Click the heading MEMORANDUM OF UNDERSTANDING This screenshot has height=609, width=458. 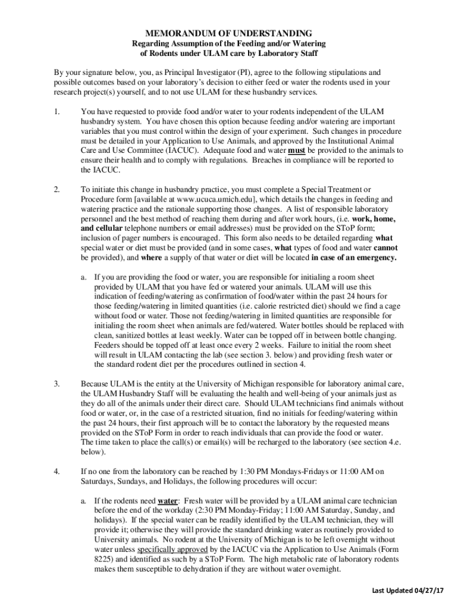coord(229,33)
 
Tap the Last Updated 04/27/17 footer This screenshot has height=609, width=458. coord(408,590)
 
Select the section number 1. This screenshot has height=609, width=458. coord(56,112)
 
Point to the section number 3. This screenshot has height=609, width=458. coord(56,384)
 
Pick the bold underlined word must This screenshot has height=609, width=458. coord(296,151)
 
